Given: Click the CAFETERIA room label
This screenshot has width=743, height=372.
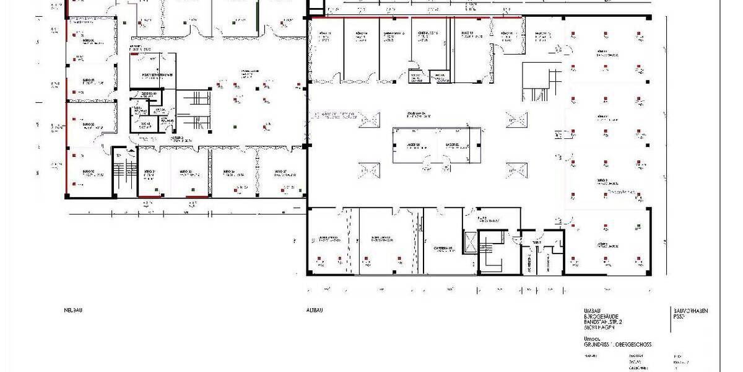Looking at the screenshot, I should (444, 248).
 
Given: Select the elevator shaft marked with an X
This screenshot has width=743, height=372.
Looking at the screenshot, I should (471, 242).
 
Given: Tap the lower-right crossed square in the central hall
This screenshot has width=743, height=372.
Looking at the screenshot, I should (516, 167).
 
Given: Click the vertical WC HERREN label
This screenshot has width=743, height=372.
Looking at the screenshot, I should (531, 263).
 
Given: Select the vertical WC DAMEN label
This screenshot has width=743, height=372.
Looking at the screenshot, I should (549, 263).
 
